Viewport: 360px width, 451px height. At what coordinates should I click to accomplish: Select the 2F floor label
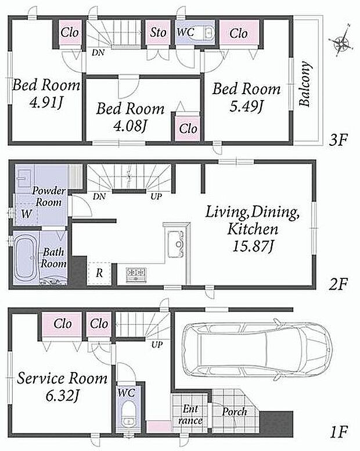339,284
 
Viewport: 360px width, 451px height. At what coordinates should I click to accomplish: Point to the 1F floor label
339,431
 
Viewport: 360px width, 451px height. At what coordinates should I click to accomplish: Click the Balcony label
305,84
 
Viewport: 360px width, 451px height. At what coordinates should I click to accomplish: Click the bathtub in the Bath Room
26,259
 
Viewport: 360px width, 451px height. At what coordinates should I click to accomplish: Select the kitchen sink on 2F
176,244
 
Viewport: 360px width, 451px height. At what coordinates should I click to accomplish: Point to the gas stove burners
136,274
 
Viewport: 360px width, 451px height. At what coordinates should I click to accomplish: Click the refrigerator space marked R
99,274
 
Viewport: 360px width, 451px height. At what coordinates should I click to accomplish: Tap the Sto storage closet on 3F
159,32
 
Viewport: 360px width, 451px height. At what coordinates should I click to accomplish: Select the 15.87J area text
252,246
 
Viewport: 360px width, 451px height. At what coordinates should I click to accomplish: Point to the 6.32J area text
62,396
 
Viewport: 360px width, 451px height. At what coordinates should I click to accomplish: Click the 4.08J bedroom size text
130,126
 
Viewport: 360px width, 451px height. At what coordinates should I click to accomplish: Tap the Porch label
235,411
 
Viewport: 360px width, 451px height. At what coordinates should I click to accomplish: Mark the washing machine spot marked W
27,214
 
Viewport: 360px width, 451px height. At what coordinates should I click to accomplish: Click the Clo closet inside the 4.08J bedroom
188,128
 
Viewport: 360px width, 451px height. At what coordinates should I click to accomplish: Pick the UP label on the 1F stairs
157,344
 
